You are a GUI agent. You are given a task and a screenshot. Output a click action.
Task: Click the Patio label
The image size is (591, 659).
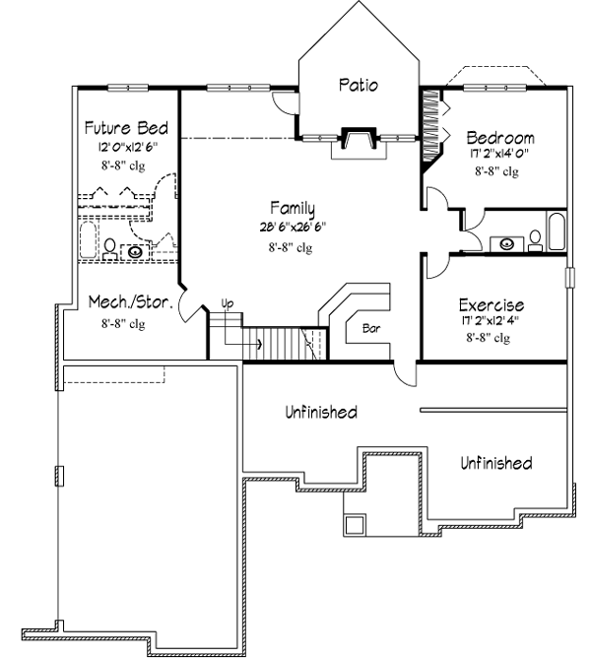pos(359,85)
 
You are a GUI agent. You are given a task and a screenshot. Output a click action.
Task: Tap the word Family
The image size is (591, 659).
pos(294,208)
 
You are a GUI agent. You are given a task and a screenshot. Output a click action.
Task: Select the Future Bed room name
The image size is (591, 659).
pos(126,128)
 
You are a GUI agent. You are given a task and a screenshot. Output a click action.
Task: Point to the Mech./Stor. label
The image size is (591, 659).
pos(131,302)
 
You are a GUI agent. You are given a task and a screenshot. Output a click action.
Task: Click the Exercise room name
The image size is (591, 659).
pos(492,305)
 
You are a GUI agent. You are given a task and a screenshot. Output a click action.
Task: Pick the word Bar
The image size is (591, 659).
pos(371,327)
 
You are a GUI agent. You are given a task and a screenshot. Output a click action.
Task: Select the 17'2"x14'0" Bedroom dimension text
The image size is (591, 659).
pos(500,154)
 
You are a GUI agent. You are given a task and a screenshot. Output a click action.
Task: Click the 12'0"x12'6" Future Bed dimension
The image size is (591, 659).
pos(127,147)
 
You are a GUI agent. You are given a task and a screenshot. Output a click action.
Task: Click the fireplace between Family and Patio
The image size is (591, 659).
pos(356,139)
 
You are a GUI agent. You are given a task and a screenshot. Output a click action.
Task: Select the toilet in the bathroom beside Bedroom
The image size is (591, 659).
pos(535,238)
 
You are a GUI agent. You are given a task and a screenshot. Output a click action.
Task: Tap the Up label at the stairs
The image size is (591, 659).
pos(228,302)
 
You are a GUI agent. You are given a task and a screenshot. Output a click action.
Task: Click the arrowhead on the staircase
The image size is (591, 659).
pos(259,345)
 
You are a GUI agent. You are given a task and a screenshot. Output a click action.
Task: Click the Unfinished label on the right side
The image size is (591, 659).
pos(496,462)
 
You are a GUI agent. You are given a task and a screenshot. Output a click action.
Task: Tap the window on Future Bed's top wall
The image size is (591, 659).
pos(128,88)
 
